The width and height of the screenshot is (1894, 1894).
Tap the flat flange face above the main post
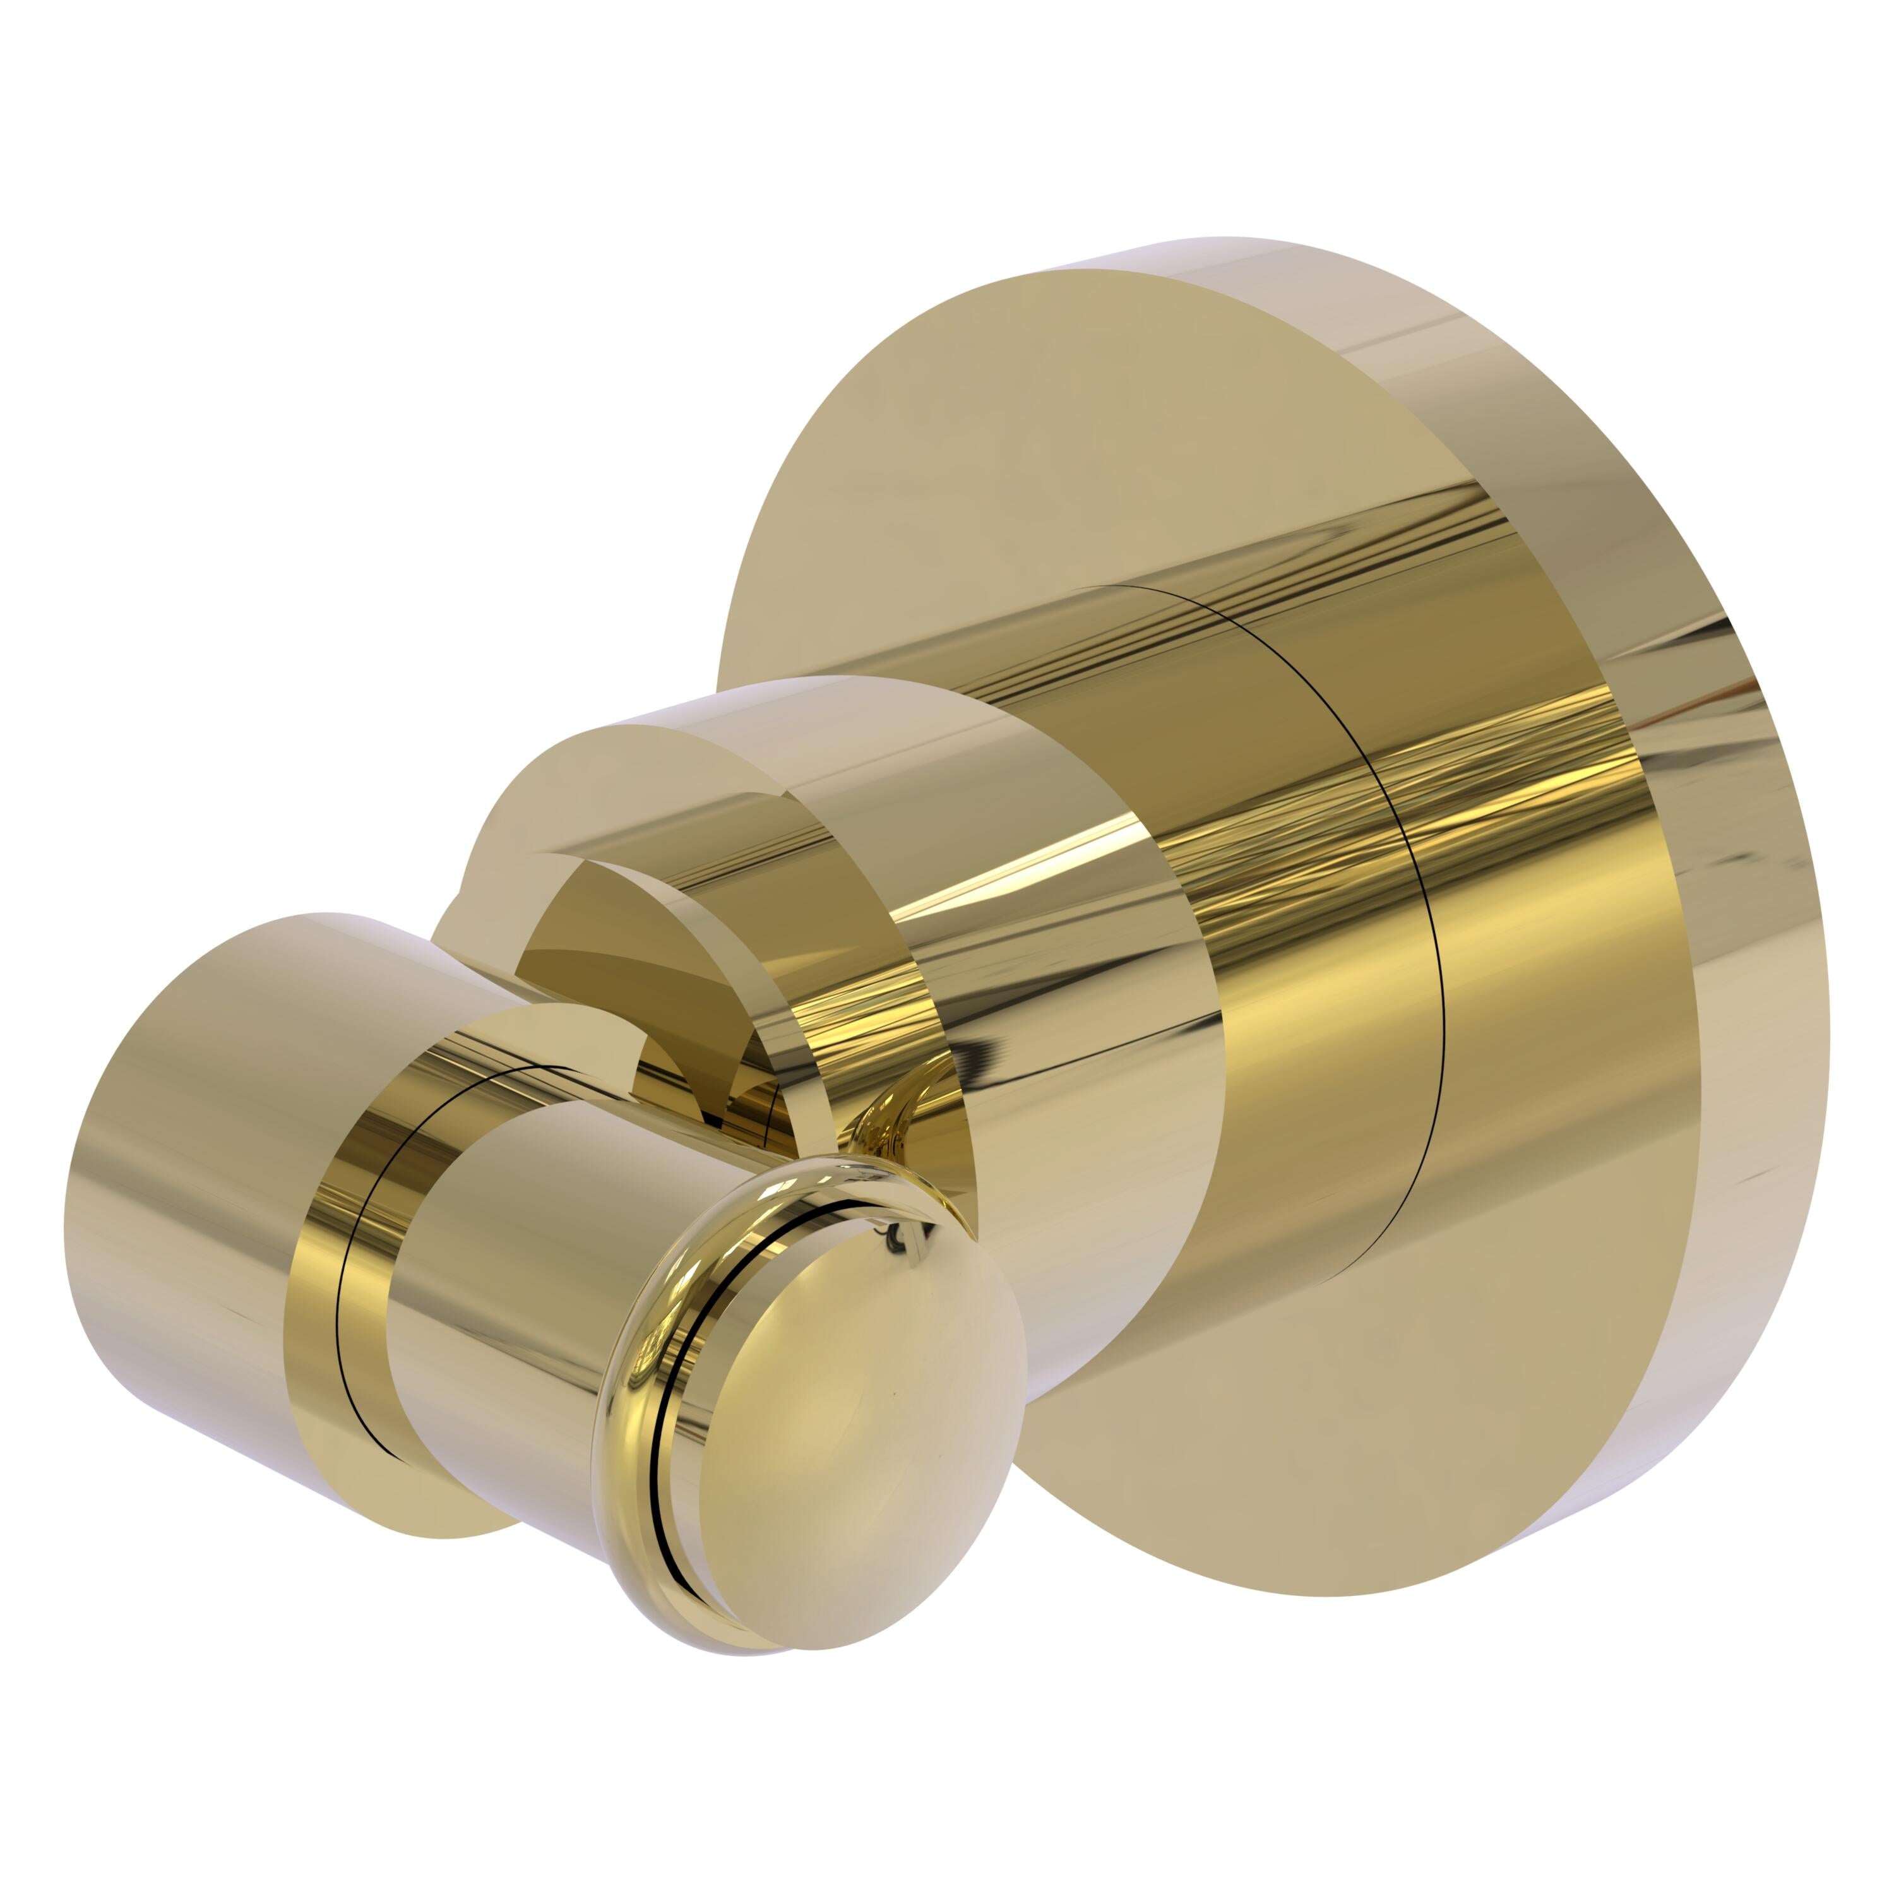click(x=1029, y=441)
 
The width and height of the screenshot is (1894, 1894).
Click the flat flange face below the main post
click(x=1275, y=1470)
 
